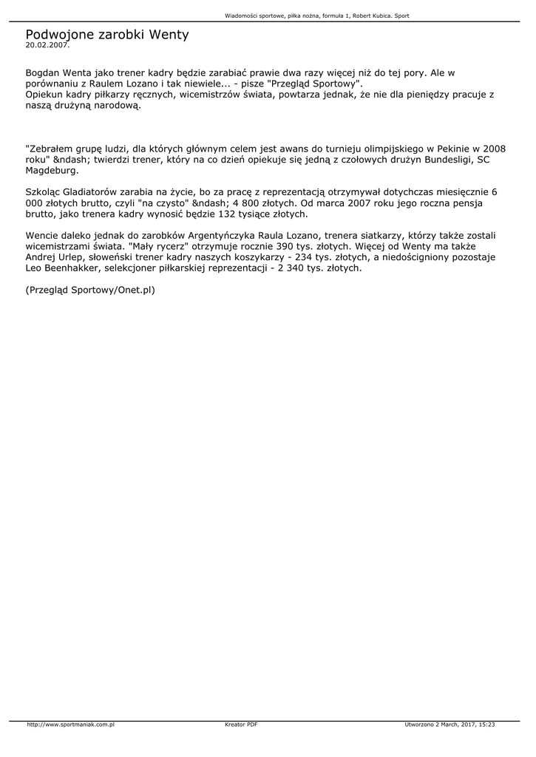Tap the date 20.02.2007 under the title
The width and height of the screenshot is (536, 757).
click(47, 45)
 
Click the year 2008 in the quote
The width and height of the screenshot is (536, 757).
click(492, 147)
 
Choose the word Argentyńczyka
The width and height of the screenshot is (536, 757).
click(235, 235)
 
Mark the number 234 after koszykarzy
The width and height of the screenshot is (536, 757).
click(307, 257)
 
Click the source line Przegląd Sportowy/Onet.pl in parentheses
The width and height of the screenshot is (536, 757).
click(90, 291)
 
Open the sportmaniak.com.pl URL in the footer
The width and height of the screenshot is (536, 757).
click(70, 724)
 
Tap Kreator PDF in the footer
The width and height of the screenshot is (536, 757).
click(241, 724)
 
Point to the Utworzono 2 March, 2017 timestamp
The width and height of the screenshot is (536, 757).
click(450, 724)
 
